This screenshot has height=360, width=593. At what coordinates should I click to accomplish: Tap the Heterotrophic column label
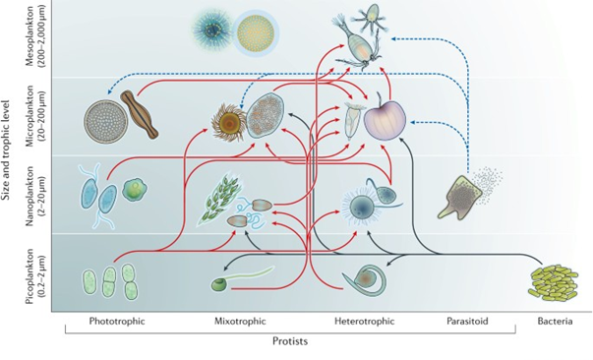pyautogui.click(x=364, y=321)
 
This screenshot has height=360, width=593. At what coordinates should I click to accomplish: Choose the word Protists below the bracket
pyautogui.click(x=292, y=341)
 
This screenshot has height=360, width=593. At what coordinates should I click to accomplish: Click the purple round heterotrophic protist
pyautogui.click(x=385, y=122)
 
